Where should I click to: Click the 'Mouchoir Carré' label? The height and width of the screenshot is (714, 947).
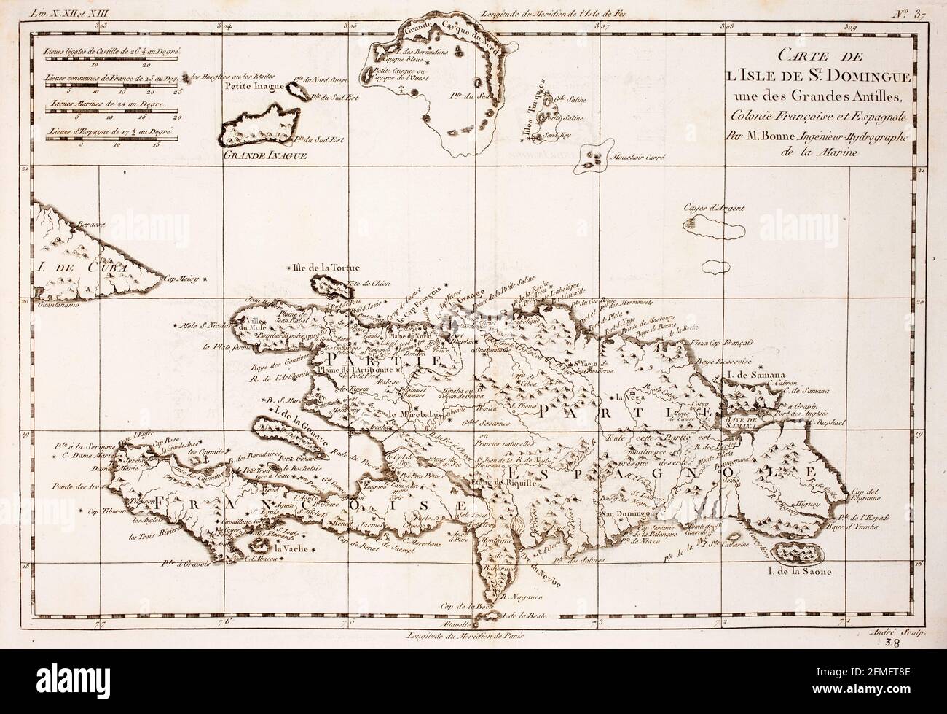pos(634,157)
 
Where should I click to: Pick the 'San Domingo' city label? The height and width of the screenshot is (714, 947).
pos(623,513)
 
